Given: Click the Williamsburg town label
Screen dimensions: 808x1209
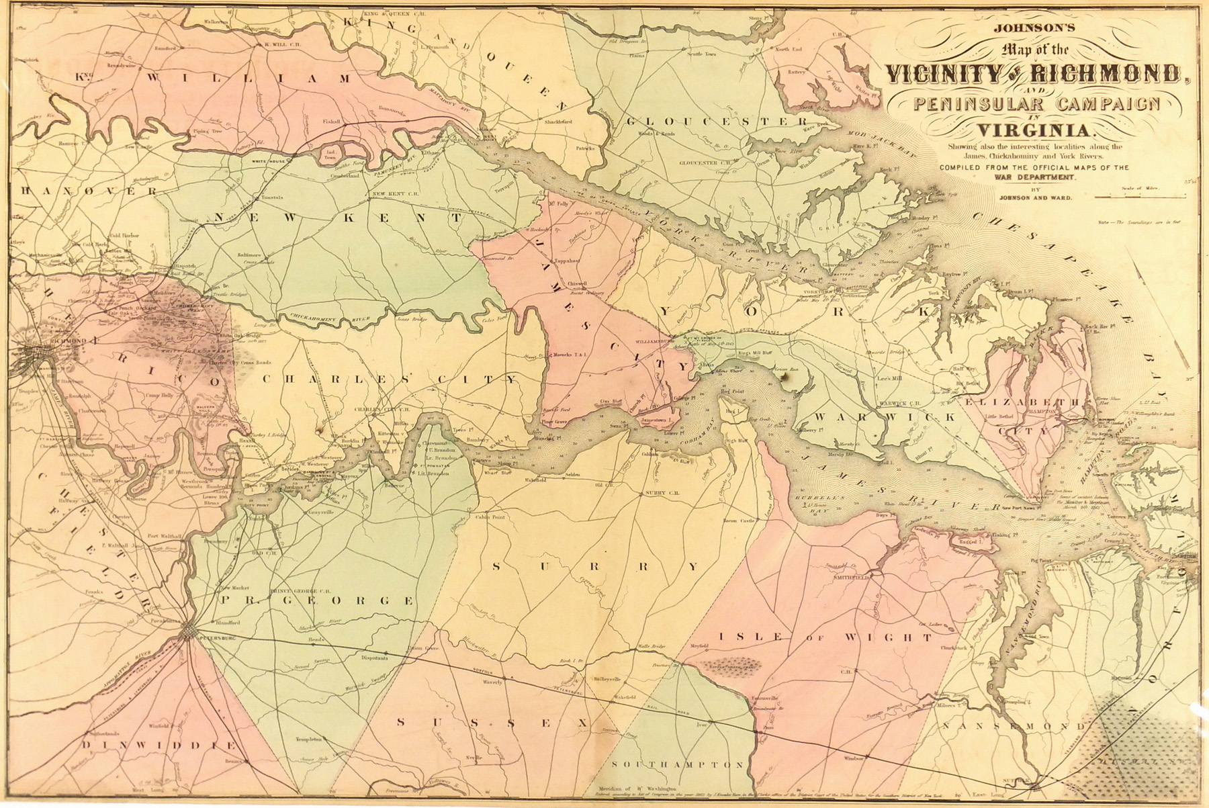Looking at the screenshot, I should (653, 341).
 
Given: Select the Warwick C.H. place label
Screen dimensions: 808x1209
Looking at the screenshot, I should (899, 402).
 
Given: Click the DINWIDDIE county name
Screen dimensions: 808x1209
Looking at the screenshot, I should (159, 746).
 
